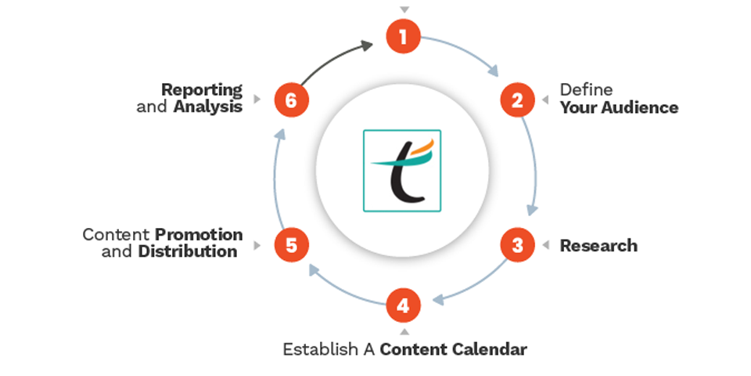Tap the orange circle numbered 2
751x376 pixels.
517,99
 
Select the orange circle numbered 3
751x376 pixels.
517,245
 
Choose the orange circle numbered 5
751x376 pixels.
291,245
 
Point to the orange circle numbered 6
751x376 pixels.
291,99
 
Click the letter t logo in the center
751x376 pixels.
402,170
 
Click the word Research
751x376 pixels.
598,245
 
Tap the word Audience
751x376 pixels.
639,107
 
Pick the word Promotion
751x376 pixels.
199,235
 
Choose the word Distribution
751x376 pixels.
188,251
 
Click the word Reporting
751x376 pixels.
202,89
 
